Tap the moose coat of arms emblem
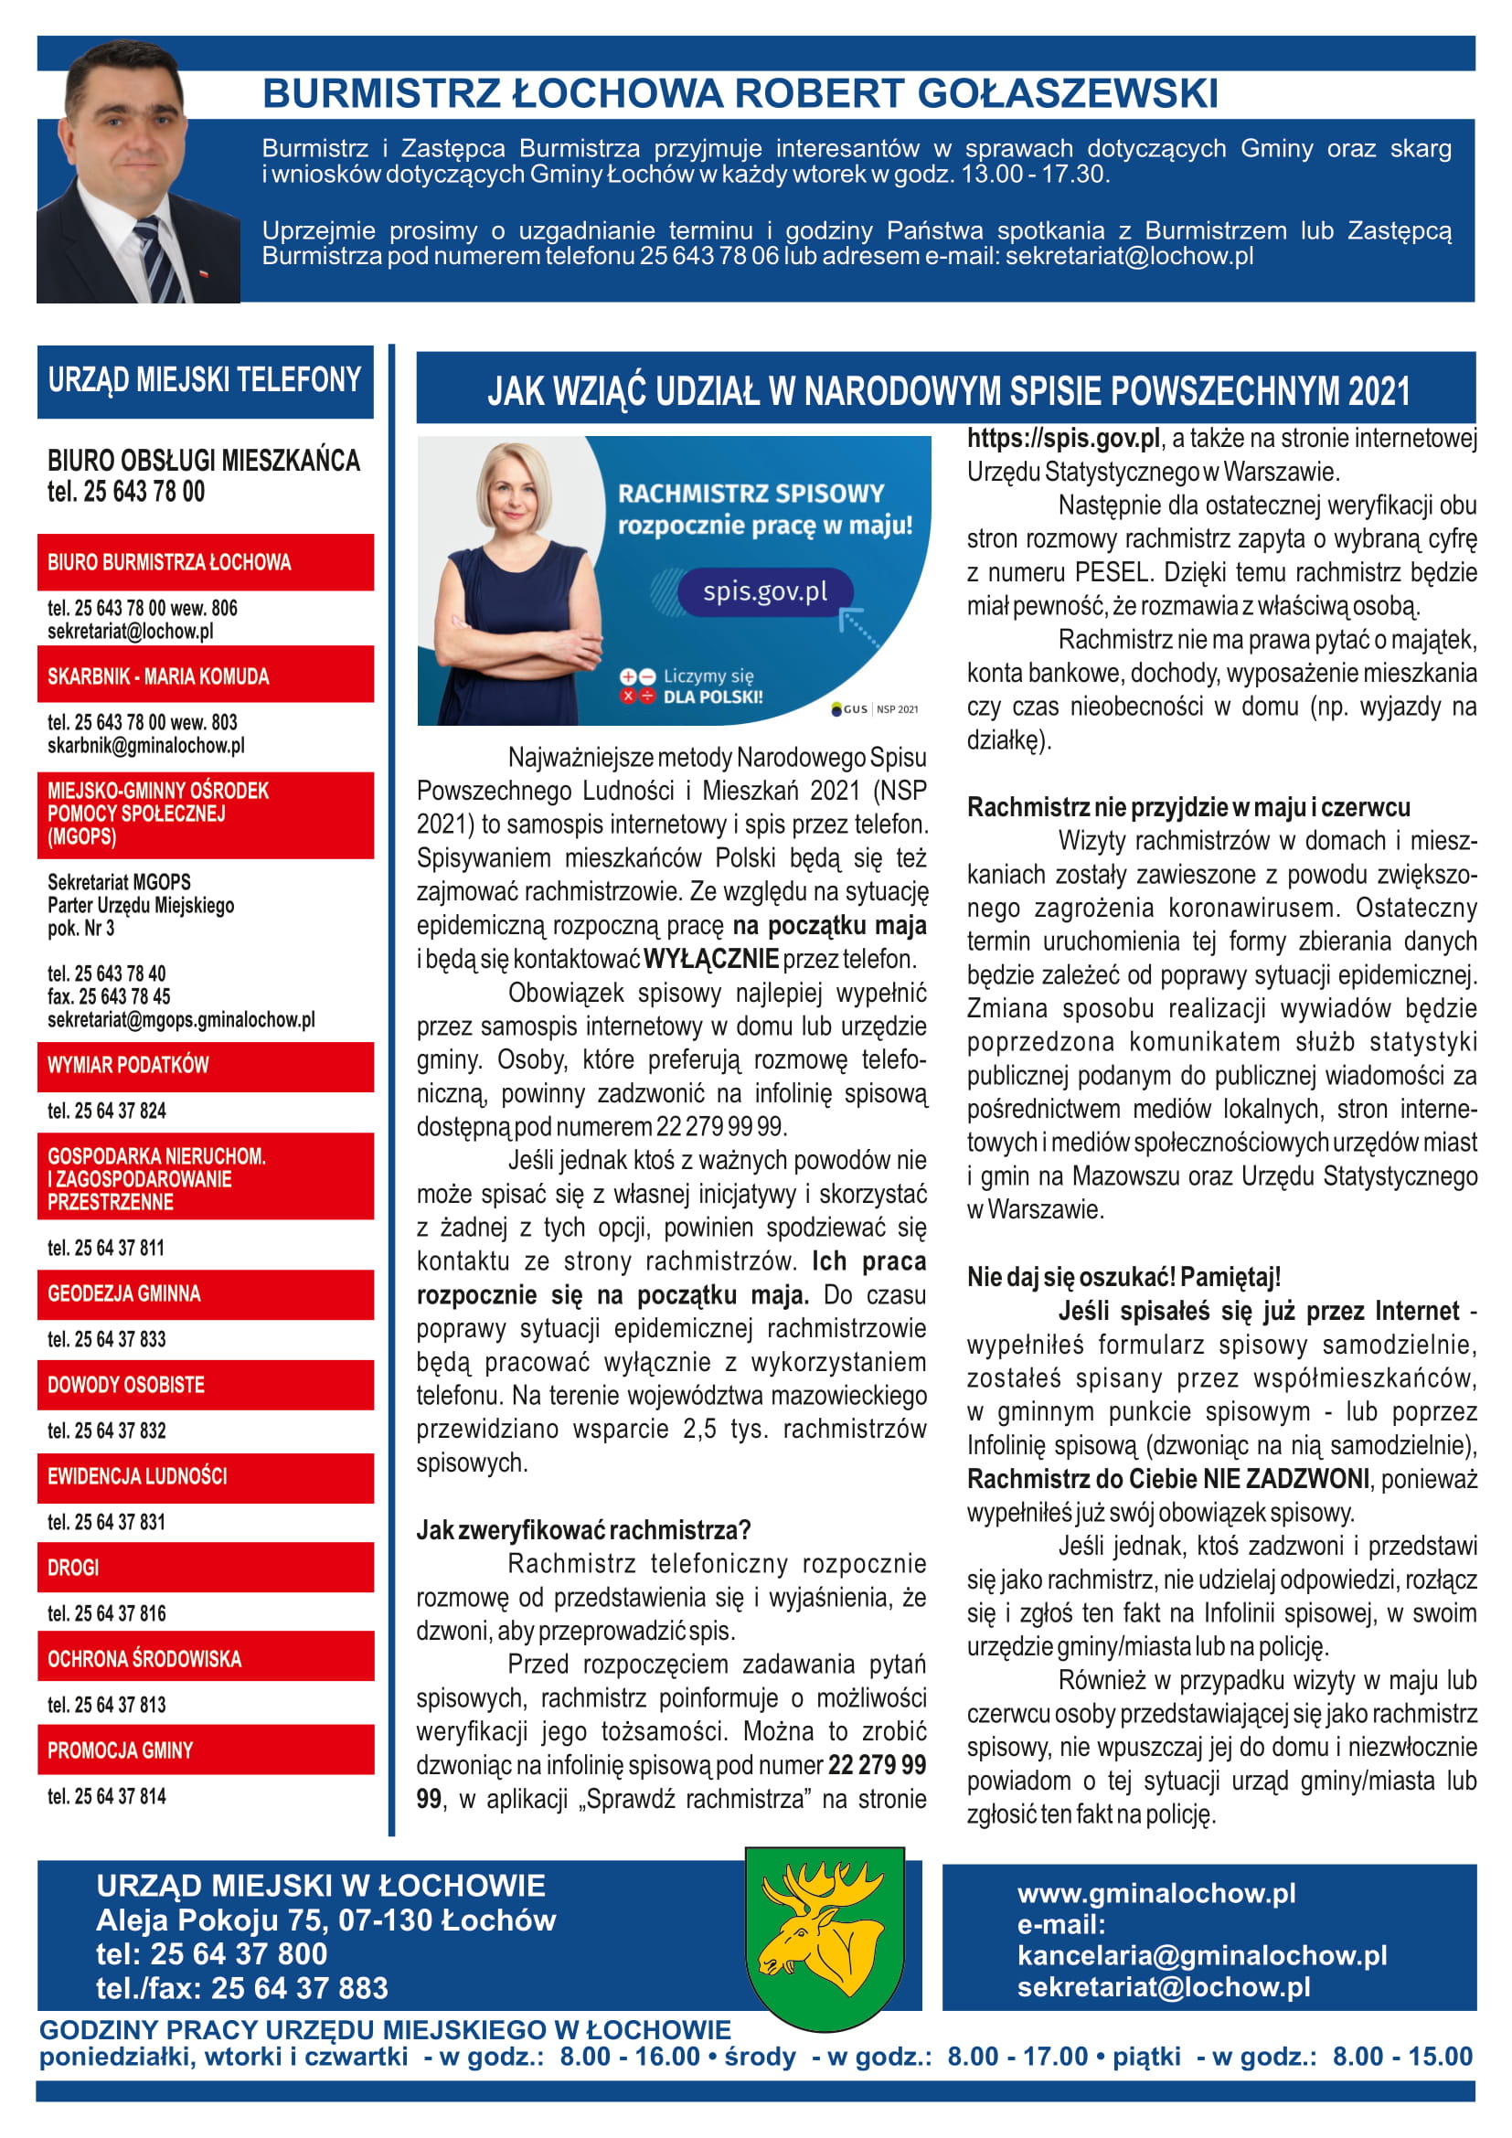pos(824,1938)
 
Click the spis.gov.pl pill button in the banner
pos(764,591)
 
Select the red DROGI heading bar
pos(205,1568)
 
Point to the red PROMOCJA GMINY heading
pos(205,1750)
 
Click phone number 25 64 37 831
pos(106,1522)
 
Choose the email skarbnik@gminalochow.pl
pos(145,745)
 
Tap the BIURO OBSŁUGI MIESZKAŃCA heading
pos(203,460)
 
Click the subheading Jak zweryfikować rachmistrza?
pos(583,1530)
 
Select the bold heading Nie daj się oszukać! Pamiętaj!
pos(1123,1277)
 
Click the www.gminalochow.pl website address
pos(1155,1893)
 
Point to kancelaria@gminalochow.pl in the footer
pos(1201,1954)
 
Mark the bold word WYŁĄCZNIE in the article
pos(710,958)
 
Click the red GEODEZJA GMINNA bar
pos(205,1293)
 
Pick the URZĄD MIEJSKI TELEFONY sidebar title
pos(205,380)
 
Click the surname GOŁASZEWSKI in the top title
pos(1067,93)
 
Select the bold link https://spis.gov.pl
pos(1063,438)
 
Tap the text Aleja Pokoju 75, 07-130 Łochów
pos(325,1920)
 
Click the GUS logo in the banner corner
pos(850,709)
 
